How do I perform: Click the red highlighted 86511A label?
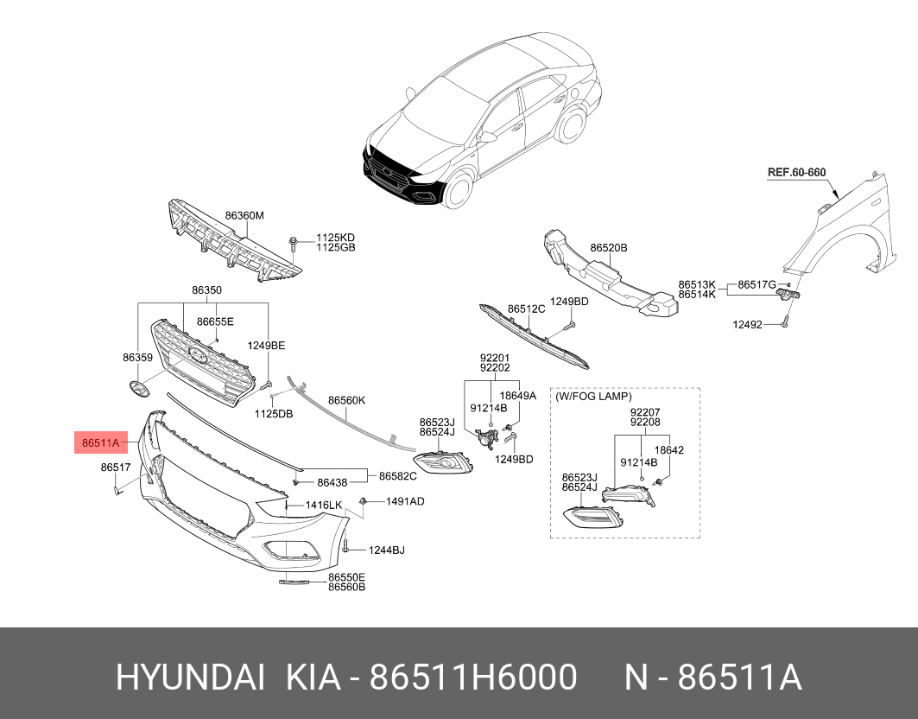tap(100, 444)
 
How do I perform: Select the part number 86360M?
tap(244, 215)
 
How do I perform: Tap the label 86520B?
tap(609, 248)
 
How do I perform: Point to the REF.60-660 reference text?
tap(796, 172)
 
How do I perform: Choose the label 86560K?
tap(347, 400)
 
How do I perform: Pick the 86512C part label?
tap(526, 309)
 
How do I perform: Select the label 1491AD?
tap(404, 501)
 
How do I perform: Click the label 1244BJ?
tap(387, 550)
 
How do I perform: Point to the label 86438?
tap(332, 483)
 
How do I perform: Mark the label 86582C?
tap(398, 475)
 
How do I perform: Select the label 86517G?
tap(757, 283)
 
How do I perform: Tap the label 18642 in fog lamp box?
tap(668, 450)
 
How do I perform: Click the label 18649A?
tap(520, 395)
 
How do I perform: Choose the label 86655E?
tap(215, 321)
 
